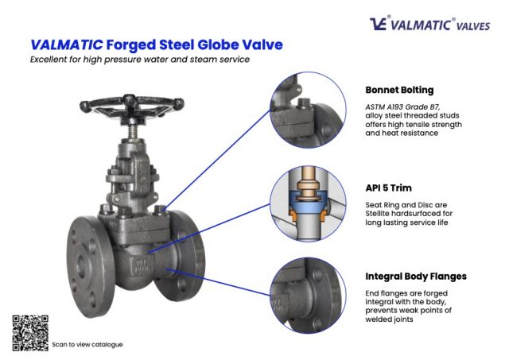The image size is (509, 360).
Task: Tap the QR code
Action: pyautogui.click(x=29, y=332)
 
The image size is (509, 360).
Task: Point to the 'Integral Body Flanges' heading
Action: pyautogui.click(x=416, y=277)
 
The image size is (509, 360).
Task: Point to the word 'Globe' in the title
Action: pyautogui.click(x=216, y=45)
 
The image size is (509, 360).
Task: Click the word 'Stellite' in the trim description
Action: pyautogui.click(x=383, y=214)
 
